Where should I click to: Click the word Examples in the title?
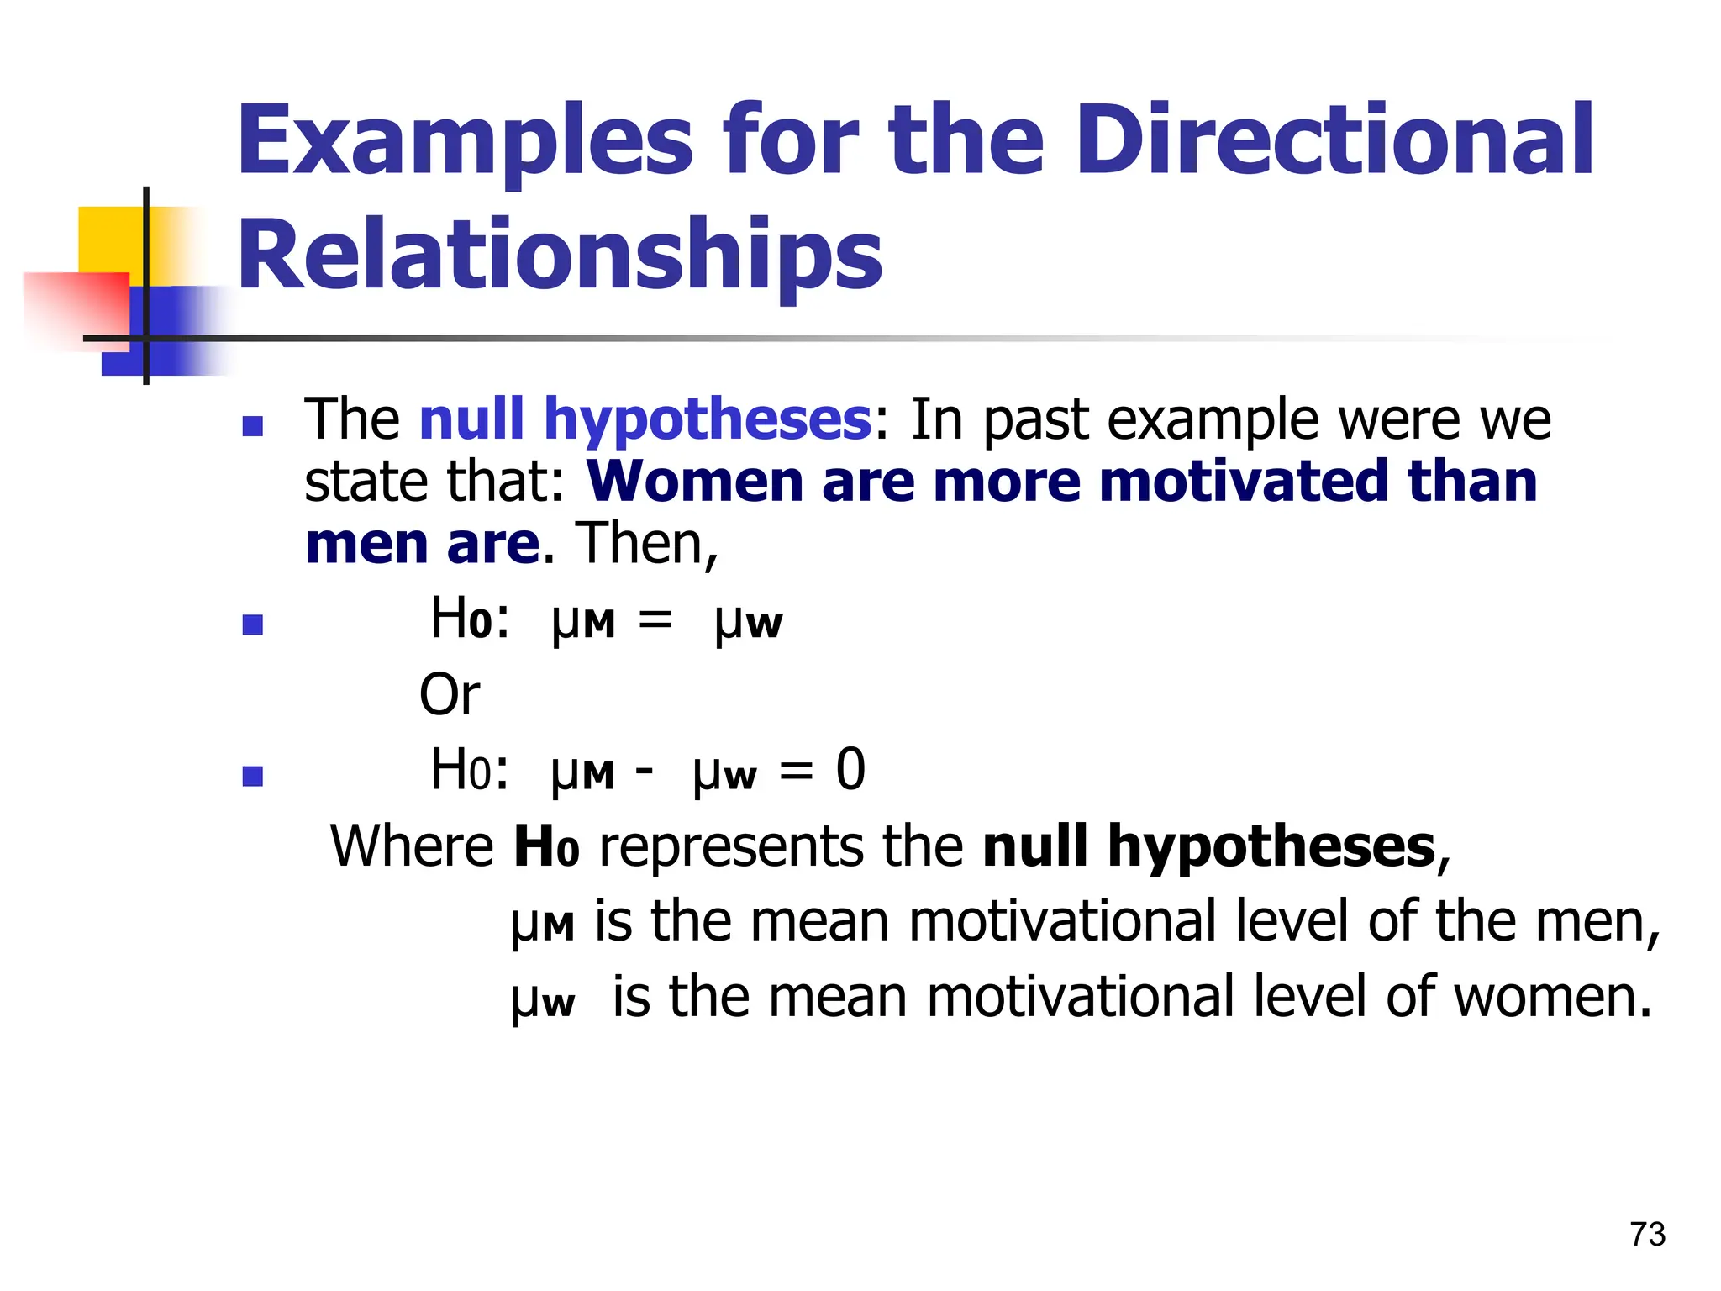click(x=465, y=141)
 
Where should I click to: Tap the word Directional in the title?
click(x=1334, y=140)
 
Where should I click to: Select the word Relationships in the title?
click(x=561, y=255)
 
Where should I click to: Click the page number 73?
click(x=1647, y=1234)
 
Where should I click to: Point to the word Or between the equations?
click(x=450, y=695)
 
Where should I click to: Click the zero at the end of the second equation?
click(x=850, y=769)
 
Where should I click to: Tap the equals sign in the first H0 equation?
click(x=655, y=620)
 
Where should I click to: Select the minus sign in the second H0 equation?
click(x=645, y=769)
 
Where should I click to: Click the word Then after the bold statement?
click(x=645, y=544)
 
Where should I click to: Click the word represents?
click(x=729, y=847)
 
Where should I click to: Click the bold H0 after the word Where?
click(x=546, y=847)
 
